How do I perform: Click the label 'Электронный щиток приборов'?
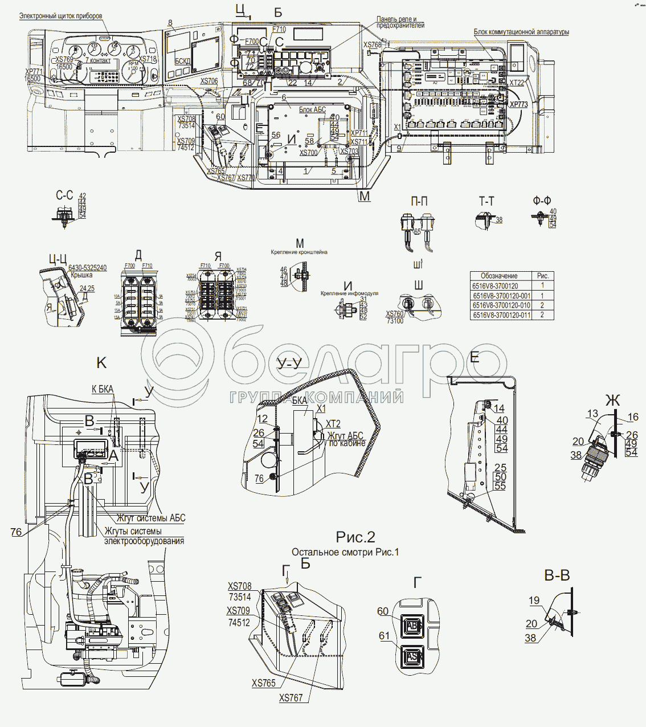coord(60,16)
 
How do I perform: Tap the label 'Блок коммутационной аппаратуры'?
coord(521,32)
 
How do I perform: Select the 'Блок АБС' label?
coord(312,109)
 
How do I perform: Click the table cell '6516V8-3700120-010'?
coord(501,305)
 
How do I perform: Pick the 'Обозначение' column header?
coord(499,276)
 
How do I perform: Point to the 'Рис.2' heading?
coord(355,537)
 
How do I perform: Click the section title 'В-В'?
coord(557,576)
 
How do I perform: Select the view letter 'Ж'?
coord(612,401)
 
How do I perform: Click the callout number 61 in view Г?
coord(384,635)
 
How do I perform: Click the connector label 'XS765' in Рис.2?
coord(263,683)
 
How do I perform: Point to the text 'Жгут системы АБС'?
coord(151,518)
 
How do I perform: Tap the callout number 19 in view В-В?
coord(534,600)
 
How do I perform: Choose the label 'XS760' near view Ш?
coord(395,314)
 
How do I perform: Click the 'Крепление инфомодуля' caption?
coord(349,293)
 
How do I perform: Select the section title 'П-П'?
coord(419,201)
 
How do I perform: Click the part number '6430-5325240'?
coord(87,268)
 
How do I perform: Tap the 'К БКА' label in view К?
coord(103,390)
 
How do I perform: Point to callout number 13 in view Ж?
coord(592,414)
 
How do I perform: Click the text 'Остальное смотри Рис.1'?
coord(345,552)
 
